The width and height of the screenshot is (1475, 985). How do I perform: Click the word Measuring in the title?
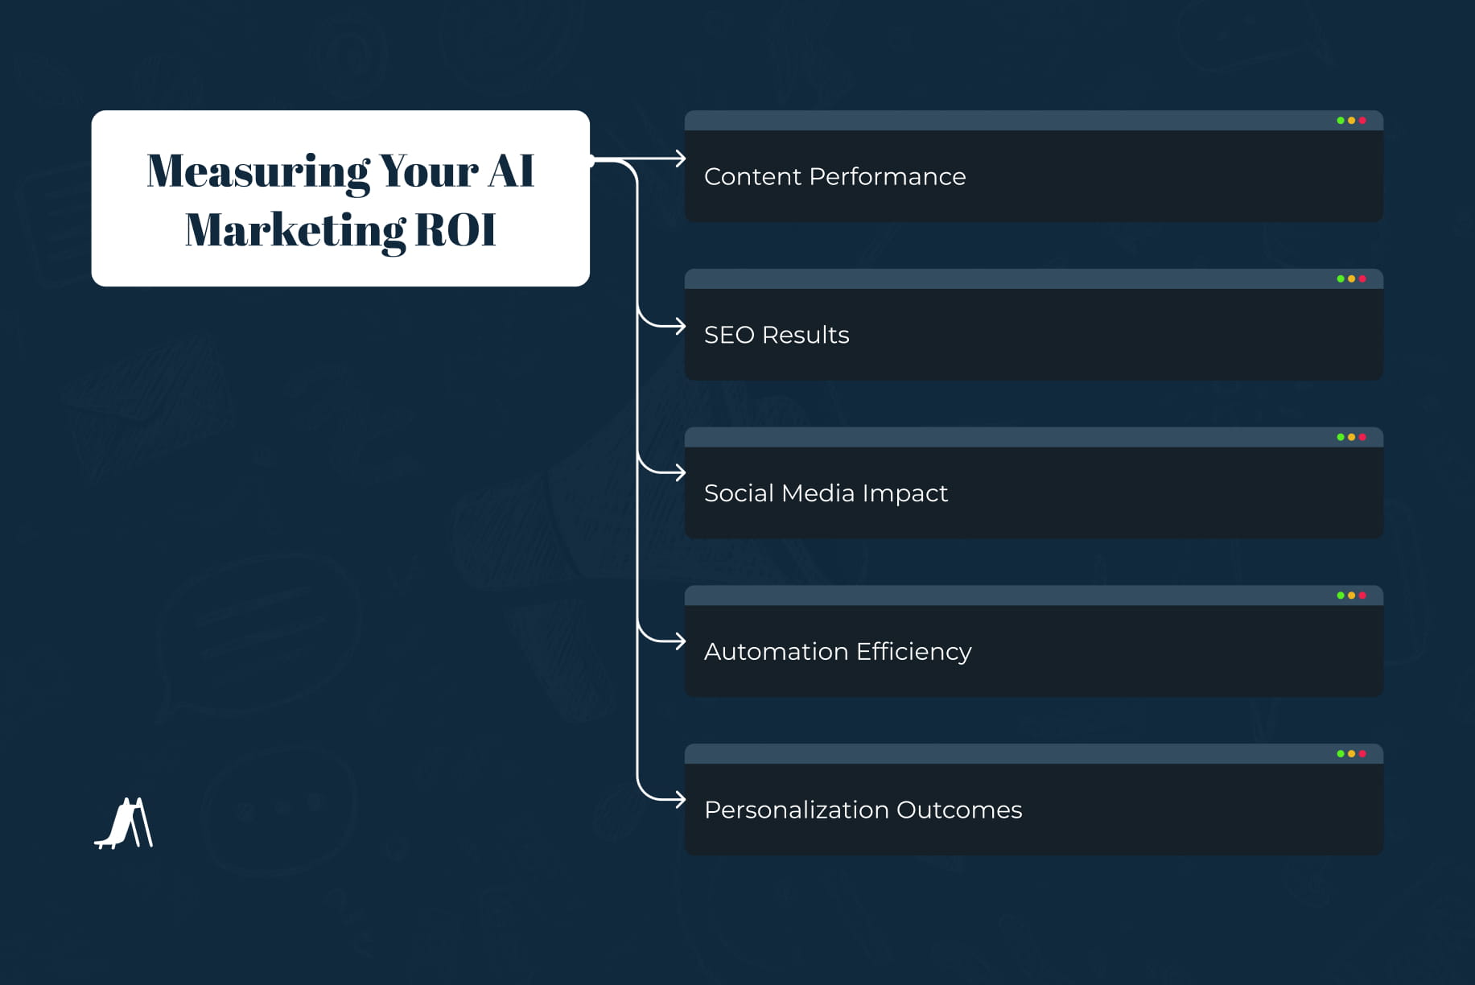click(x=258, y=172)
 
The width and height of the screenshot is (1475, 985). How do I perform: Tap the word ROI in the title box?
click(x=455, y=230)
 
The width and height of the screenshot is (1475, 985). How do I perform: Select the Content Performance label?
click(x=834, y=177)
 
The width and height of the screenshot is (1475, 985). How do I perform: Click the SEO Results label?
click(x=776, y=335)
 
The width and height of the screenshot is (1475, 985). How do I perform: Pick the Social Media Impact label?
click(x=826, y=493)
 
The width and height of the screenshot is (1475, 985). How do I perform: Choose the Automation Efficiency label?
click(x=837, y=651)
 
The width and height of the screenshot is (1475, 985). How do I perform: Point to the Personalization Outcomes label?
click(x=863, y=810)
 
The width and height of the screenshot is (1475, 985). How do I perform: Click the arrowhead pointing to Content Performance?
click(x=681, y=159)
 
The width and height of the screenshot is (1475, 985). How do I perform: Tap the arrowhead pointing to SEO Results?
click(x=681, y=326)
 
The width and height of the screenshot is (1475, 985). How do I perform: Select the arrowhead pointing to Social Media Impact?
click(x=681, y=472)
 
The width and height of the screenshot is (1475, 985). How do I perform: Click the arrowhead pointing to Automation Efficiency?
click(x=681, y=641)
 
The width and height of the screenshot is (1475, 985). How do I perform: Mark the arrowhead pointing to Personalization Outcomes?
click(x=681, y=799)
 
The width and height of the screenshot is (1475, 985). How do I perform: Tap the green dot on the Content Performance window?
click(x=1340, y=121)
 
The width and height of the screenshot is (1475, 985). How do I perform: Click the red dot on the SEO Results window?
click(x=1362, y=279)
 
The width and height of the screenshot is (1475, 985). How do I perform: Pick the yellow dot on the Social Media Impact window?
click(x=1351, y=437)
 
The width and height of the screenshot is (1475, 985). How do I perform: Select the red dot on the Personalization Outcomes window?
click(x=1362, y=754)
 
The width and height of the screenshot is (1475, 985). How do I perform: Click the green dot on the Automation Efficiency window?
click(x=1340, y=596)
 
